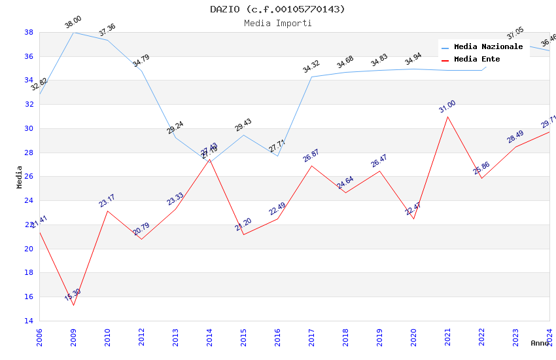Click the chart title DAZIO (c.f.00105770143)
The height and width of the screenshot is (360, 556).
[277, 9]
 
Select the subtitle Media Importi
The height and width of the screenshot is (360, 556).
[277, 23]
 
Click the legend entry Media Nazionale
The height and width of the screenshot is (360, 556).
[488, 47]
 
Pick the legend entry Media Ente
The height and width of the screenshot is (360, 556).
[477, 59]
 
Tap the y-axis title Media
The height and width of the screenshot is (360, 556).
[20, 177]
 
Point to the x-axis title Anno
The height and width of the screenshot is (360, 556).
[540, 343]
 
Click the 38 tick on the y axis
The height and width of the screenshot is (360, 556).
[29, 32]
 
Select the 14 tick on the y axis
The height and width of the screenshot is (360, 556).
[29, 321]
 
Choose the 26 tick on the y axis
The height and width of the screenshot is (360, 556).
[29, 177]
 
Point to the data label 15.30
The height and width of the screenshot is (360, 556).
[73, 295]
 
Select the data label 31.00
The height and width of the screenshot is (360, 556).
[447, 107]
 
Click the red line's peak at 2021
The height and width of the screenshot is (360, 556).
[447, 117]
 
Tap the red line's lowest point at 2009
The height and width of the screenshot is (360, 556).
[73, 305]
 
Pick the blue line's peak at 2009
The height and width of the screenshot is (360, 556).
[73, 32]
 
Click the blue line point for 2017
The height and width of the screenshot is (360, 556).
[311, 77]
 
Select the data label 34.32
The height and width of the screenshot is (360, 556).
[311, 67]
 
